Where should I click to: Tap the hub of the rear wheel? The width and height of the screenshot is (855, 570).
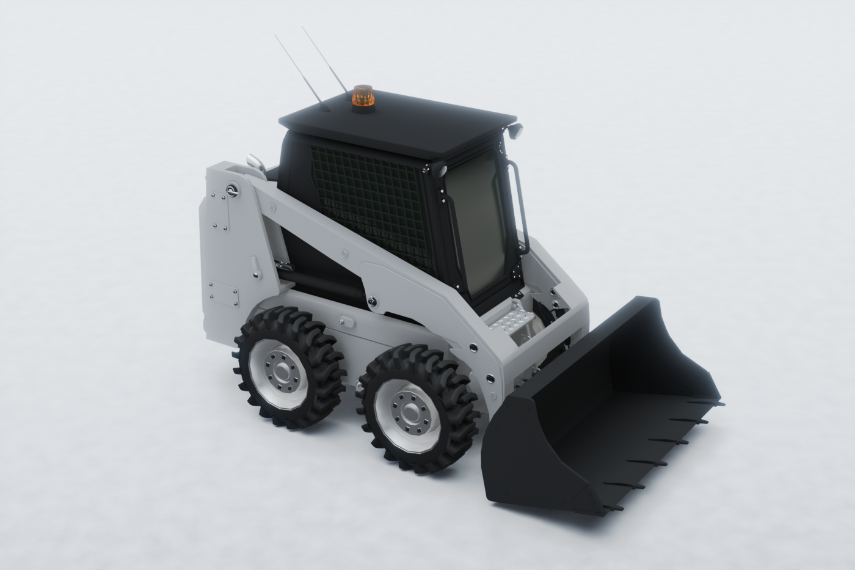click(x=282, y=370)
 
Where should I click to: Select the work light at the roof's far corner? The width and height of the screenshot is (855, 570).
click(x=515, y=130)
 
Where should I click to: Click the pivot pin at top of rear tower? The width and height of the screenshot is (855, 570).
click(x=233, y=191)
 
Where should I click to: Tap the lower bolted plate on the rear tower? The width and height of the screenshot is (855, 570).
click(x=224, y=294)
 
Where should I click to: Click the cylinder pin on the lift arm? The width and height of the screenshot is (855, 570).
click(x=373, y=301)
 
